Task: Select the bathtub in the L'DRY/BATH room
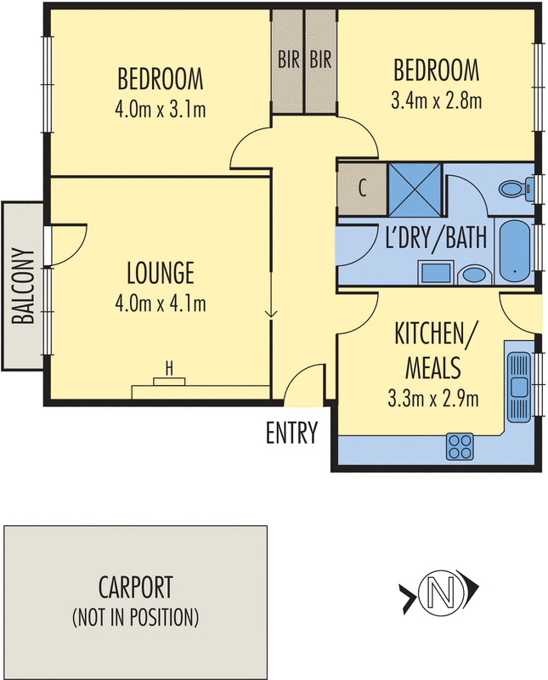point(514,252)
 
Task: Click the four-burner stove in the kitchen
point(460,445)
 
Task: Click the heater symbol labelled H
point(169,368)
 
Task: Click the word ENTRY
point(291,433)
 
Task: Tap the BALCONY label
point(23,286)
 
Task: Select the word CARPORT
point(136,587)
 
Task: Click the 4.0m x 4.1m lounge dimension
point(160,303)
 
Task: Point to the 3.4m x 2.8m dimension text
point(436,101)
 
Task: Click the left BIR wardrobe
point(287,60)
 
